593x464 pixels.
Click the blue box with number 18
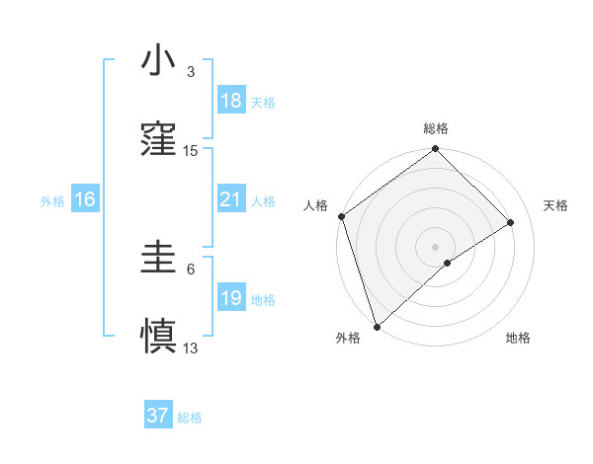[231, 101]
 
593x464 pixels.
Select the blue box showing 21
[231, 200]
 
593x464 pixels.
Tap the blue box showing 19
[231, 298]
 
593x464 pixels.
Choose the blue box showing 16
[85, 200]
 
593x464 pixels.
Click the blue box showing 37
[158, 416]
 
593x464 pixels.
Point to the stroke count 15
[191, 151]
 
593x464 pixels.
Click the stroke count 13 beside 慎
[191, 348]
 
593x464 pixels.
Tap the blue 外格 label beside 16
[52, 201]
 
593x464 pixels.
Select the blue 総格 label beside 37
[190, 418]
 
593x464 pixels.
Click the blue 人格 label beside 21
[263, 201]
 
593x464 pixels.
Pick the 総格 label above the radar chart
[436, 128]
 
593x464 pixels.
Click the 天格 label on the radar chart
[556, 205]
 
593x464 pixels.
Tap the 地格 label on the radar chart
[518, 339]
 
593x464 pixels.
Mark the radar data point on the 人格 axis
[341, 215]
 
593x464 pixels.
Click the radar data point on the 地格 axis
[448, 263]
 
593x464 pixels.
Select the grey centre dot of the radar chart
[435, 246]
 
